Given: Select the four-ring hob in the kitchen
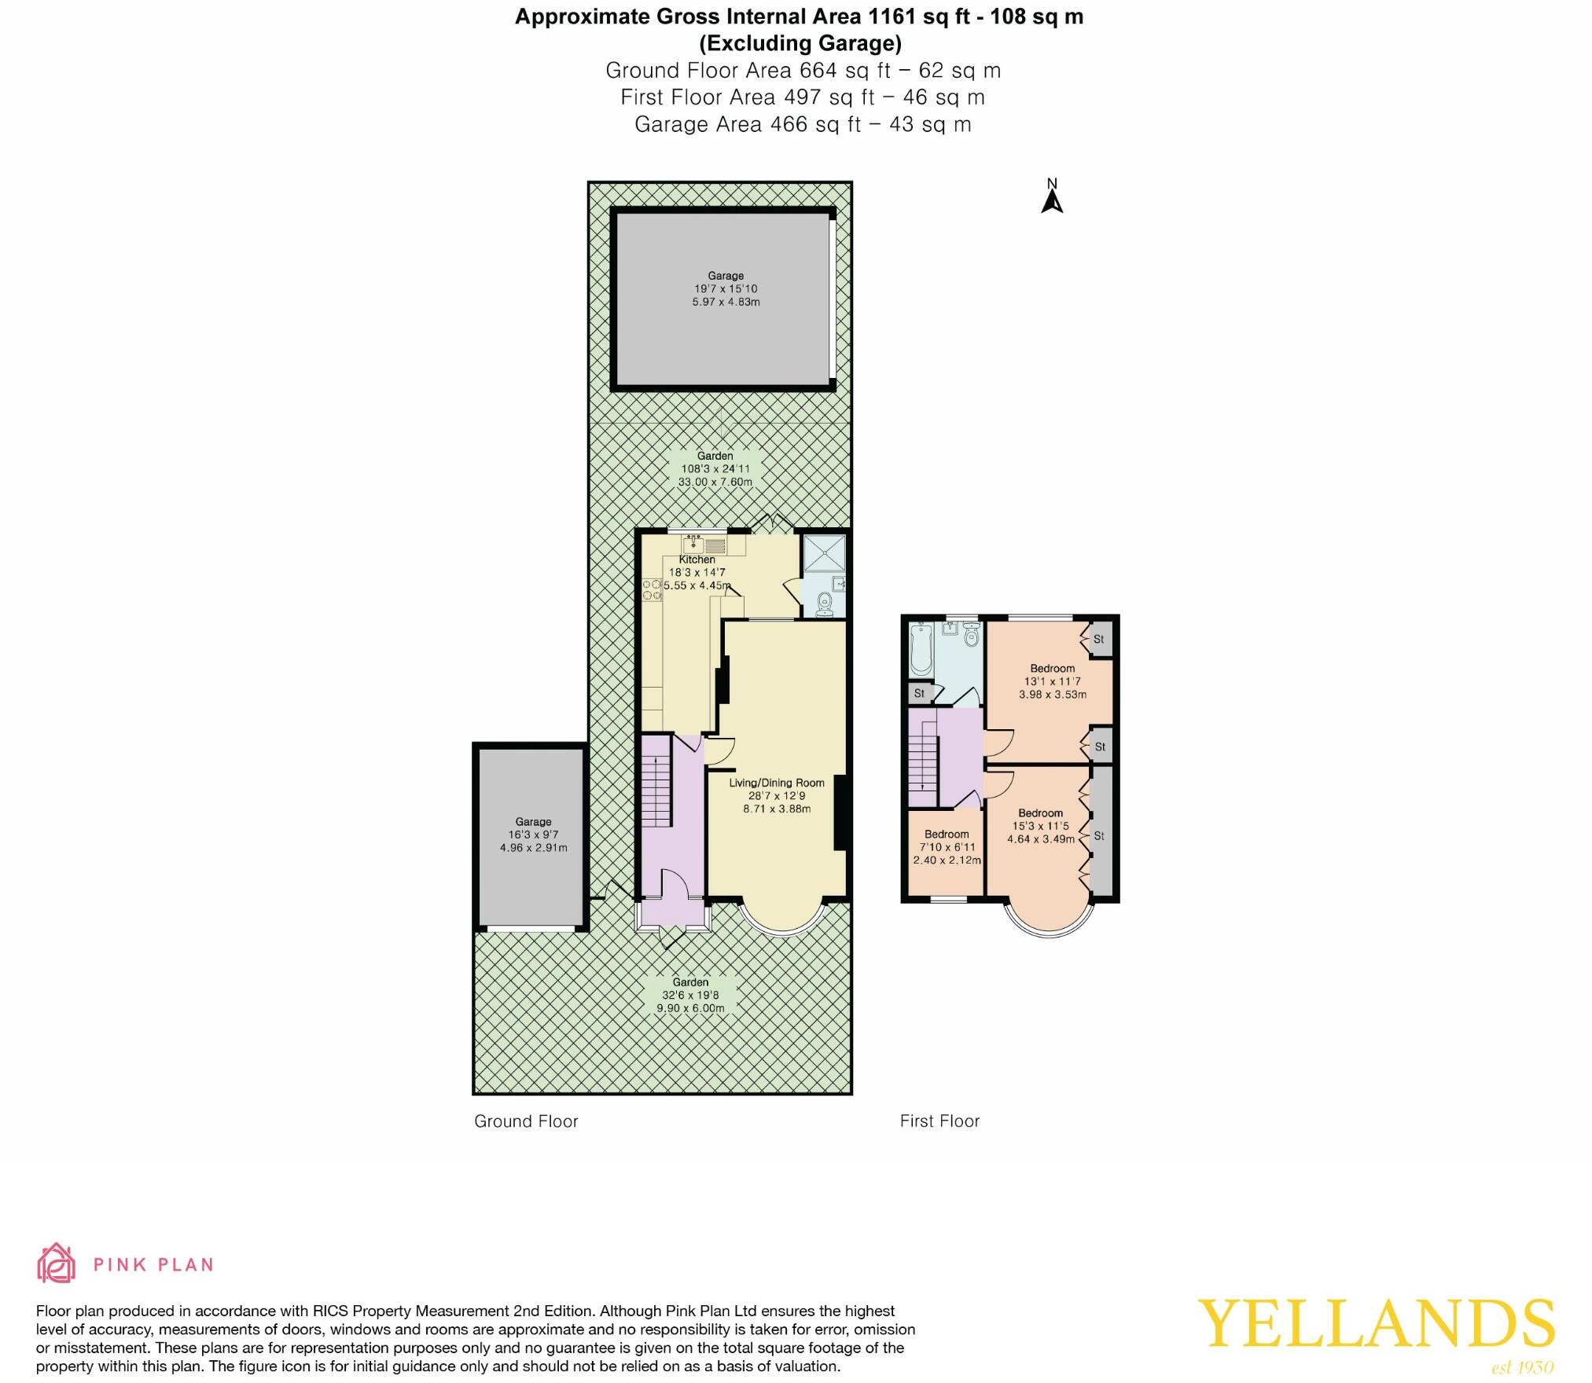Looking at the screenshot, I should tap(652, 589).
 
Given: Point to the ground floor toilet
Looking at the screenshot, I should tap(825, 604).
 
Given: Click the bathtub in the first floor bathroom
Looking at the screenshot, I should tap(920, 650).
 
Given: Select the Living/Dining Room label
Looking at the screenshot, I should tap(777, 783).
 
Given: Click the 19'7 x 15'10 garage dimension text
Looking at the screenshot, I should tap(726, 289).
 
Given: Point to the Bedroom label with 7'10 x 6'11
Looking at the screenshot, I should tap(947, 835).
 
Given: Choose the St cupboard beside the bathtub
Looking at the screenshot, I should tap(919, 694).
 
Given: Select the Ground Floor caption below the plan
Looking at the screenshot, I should tap(526, 1122).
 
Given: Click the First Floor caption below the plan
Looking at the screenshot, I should tap(939, 1122).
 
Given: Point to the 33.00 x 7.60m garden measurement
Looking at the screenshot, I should tap(715, 482).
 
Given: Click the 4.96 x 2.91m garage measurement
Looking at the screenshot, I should tap(533, 848).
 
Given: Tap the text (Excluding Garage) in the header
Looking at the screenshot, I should tap(800, 43).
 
